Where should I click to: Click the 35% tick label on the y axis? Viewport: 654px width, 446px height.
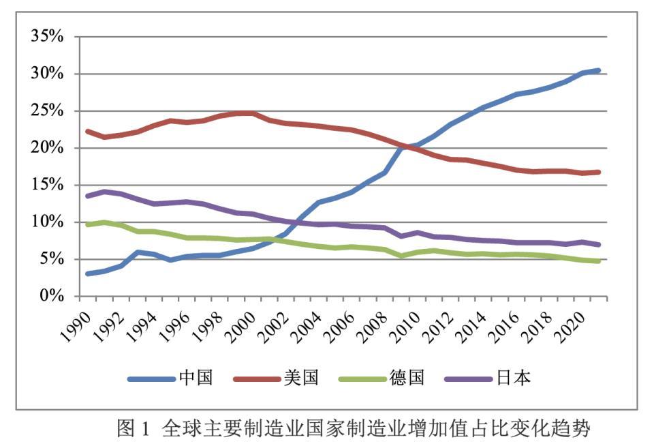(x=47, y=37)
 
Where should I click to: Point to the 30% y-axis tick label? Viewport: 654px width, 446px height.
(x=47, y=74)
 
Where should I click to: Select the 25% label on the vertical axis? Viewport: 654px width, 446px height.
(x=47, y=111)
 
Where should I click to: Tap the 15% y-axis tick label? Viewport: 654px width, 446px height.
(x=47, y=185)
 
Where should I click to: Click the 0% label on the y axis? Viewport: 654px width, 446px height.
(x=52, y=296)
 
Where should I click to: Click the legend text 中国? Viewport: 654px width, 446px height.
(x=196, y=378)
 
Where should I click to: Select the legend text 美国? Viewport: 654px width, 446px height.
(x=302, y=378)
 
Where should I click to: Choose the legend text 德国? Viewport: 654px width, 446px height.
(x=407, y=378)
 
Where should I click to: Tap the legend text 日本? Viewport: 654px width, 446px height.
(x=512, y=378)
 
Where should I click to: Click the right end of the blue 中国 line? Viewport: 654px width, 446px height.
(x=597, y=70)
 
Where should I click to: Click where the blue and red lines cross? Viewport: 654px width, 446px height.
(x=407, y=145)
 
